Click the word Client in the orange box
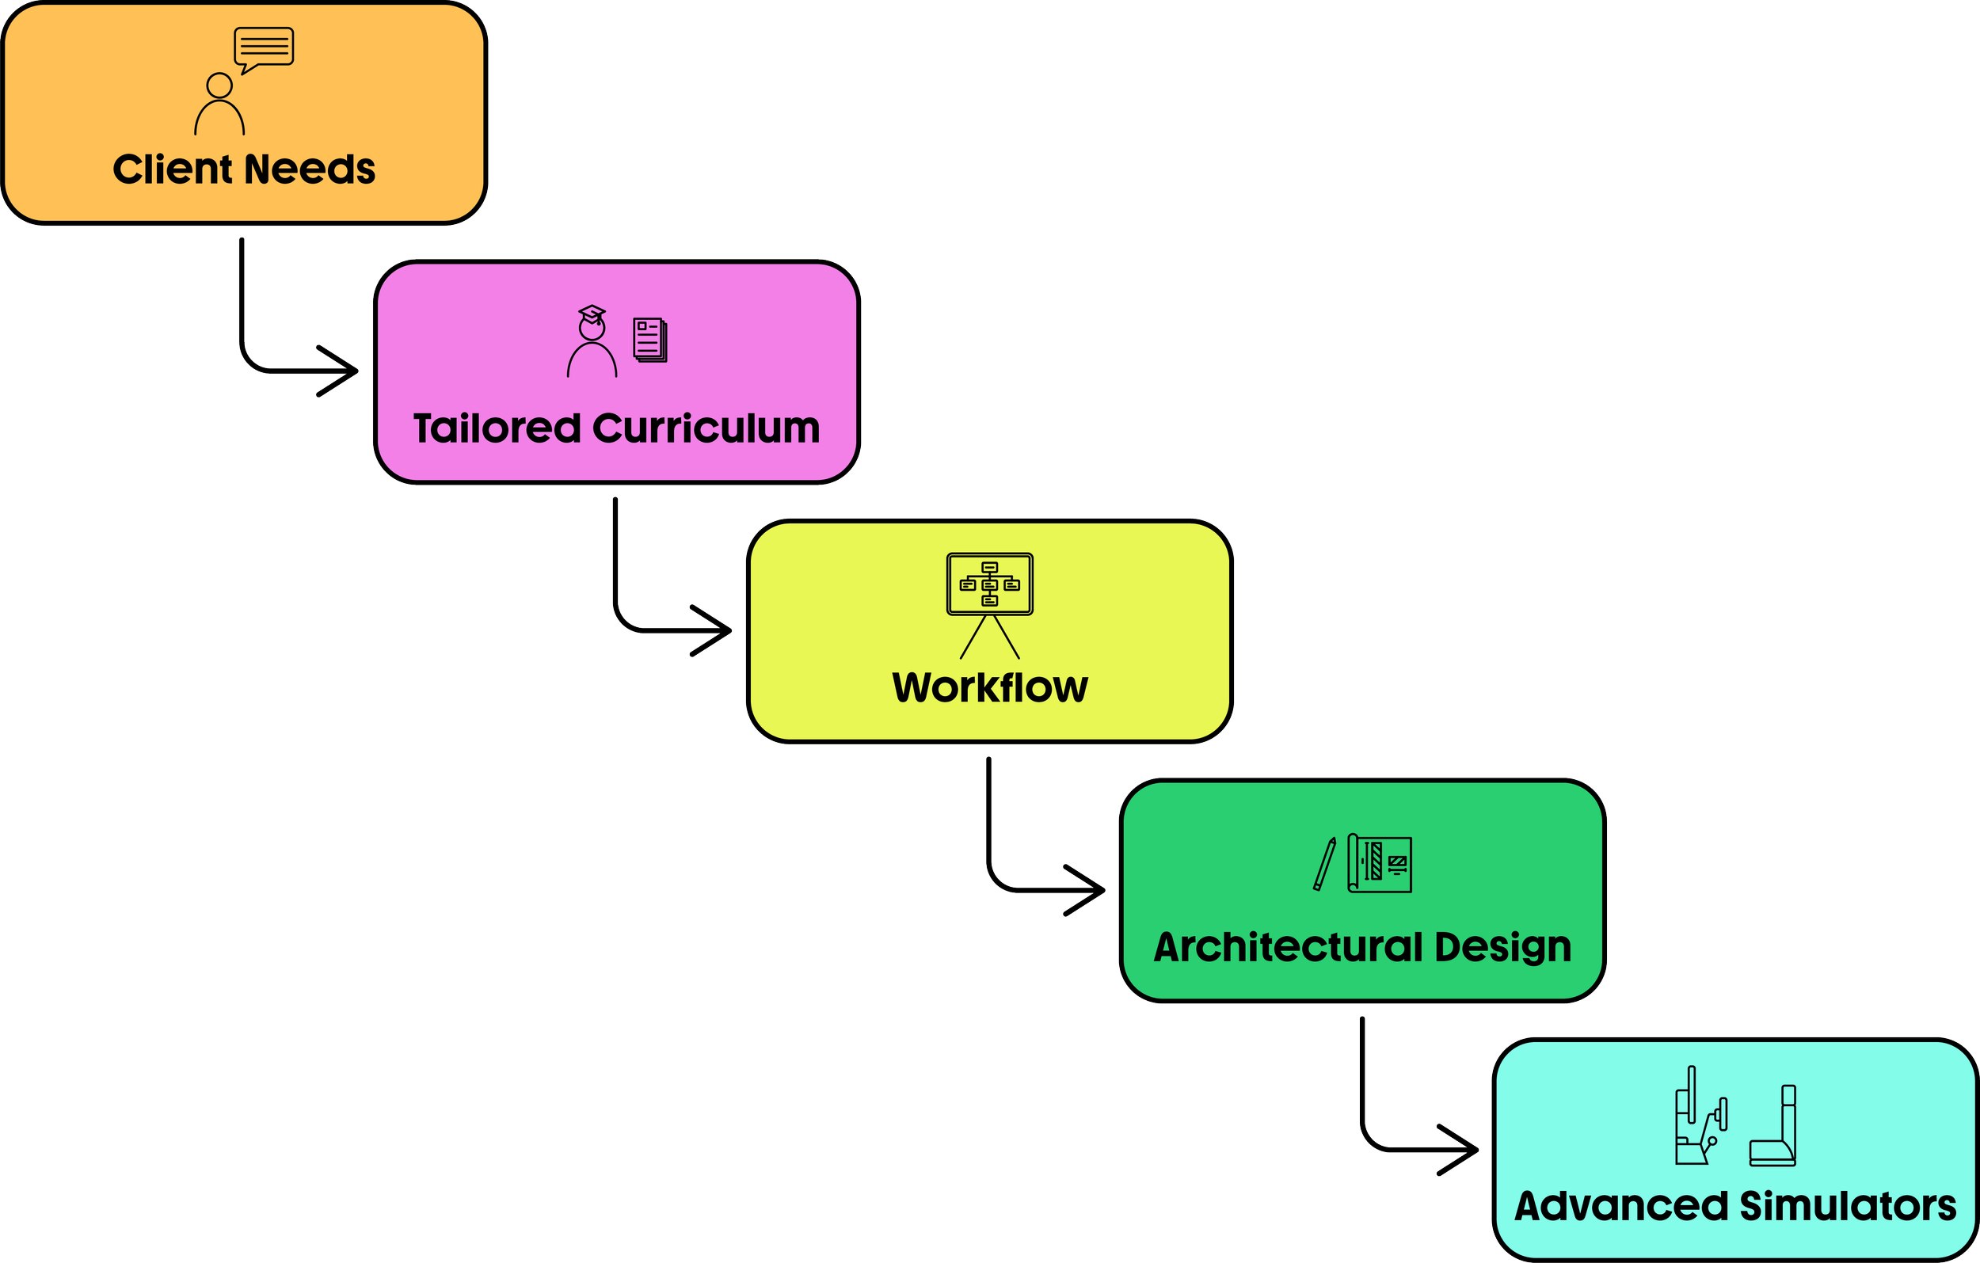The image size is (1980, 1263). pos(173,169)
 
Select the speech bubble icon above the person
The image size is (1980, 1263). pos(264,48)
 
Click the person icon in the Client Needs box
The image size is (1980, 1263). pos(219,105)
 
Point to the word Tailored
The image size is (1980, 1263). pos(497,428)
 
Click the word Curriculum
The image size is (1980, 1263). pos(706,428)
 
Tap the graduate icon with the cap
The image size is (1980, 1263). pos(592,341)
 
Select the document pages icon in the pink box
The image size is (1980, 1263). pos(650,340)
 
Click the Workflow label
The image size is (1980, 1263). pos(990,687)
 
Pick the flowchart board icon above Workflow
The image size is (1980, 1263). pos(990,603)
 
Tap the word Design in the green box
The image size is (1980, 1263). pos(1503,947)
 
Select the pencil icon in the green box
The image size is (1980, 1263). pos(1325,864)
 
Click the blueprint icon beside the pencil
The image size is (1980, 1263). pos(1380,864)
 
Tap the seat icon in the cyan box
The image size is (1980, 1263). pos(1774,1127)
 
